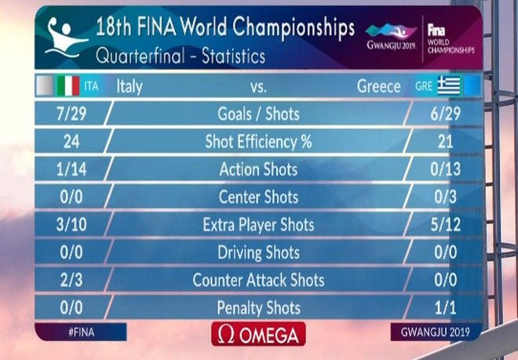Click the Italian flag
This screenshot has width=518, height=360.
tap(67, 85)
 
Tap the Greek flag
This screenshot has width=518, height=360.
tap(449, 85)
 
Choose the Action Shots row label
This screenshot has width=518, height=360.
tap(258, 169)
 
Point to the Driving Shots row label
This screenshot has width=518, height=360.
tap(258, 253)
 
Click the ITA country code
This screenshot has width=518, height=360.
tap(92, 85)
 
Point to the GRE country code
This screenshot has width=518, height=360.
tap(424, 85)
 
